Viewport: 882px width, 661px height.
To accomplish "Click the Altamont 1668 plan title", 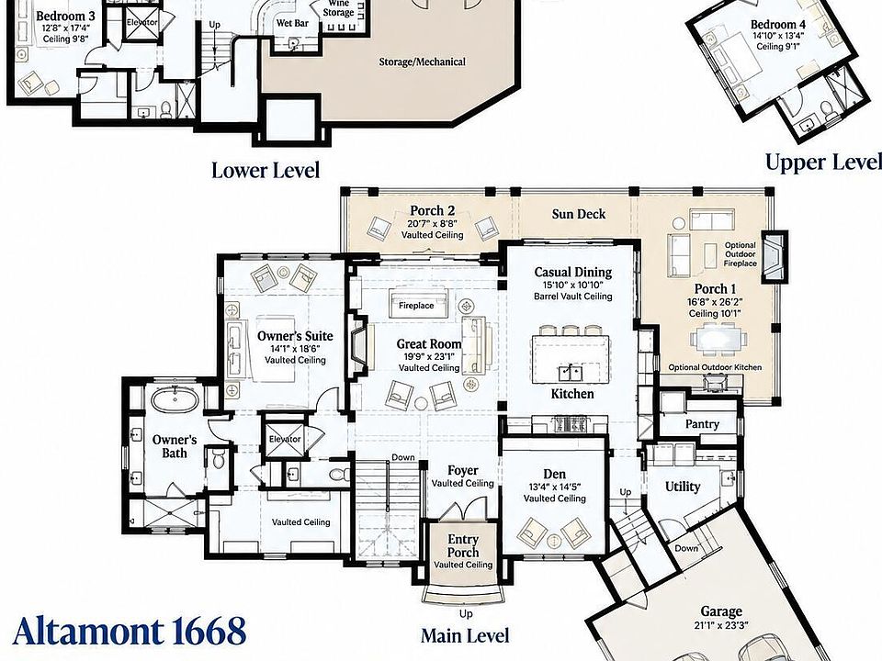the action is pos(129,631).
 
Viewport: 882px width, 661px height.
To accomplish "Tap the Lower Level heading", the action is pos(266,171).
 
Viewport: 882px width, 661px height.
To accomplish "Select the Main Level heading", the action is pos(465,635).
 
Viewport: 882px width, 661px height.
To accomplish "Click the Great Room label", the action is pos(429,344).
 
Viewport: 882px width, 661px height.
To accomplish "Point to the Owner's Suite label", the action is pos(295,336).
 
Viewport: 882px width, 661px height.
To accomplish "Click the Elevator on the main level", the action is pos(285,438).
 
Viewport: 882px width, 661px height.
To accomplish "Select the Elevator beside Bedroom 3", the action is pos(141,23).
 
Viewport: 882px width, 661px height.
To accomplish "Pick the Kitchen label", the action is pos(572,394).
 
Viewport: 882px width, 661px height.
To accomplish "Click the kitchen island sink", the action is pos(571,373).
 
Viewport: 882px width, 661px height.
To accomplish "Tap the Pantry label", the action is pos(702,424).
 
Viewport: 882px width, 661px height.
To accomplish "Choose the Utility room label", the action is pos(683,487).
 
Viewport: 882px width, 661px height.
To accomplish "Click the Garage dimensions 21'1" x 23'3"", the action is pos(721,625).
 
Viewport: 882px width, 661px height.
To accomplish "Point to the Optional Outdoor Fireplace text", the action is pos(741,254).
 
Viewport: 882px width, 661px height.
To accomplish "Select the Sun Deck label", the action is pos(579,214).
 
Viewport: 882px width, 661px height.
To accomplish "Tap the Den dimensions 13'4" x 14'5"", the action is pos(555,487).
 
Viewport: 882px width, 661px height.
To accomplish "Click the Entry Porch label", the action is pos(463,545).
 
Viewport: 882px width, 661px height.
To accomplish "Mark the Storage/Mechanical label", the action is pos(422,62).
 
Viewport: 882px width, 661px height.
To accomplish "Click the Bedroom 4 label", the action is pos(778,25).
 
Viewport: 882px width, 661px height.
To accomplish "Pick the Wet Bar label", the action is pos(292,23).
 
